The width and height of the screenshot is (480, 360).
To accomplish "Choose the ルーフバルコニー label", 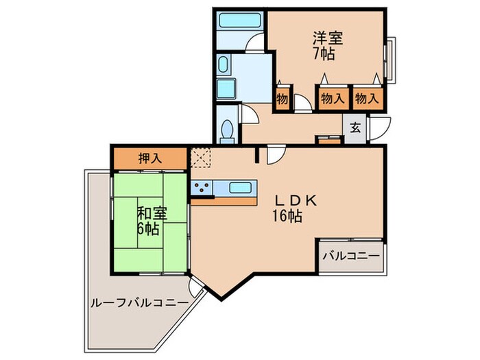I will [138, 302].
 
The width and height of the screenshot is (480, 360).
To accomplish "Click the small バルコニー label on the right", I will [350, 257].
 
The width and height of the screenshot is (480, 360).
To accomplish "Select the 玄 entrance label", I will [355, 128].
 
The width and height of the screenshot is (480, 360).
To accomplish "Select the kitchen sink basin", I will [240, 187].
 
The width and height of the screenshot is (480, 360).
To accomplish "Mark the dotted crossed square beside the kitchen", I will [201, 159].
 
